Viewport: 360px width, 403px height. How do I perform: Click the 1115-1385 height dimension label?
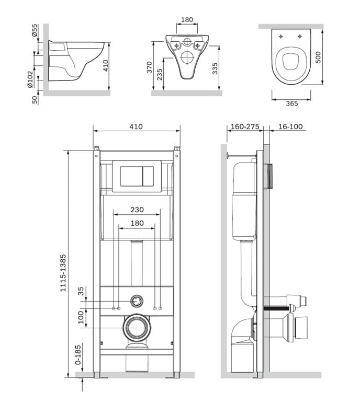63,273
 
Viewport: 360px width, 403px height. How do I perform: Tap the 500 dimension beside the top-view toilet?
318,57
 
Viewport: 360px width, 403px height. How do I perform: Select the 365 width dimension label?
292,103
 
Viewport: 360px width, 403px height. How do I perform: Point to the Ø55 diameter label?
35,30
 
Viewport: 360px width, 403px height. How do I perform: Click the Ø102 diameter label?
30,79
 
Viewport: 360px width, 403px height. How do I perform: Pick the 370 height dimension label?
150,67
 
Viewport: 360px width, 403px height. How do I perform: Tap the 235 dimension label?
160,75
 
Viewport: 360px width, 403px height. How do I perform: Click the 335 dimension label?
215,68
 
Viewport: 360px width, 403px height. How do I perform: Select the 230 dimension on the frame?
137,210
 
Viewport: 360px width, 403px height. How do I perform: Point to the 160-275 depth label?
245,126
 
